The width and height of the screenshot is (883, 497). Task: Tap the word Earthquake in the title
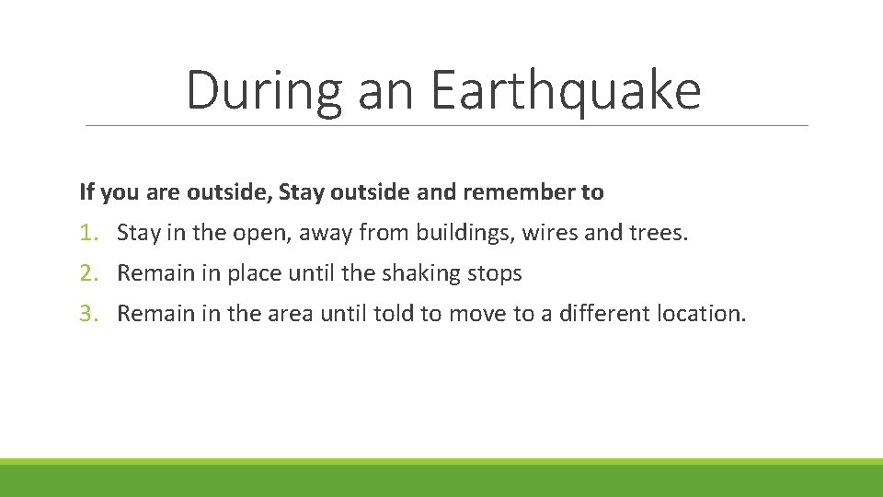pos(565,91)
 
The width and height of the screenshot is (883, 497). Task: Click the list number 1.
pos(87,233)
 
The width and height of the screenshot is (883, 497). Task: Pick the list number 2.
pos(87,273)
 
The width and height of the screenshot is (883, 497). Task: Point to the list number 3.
pos(87,314)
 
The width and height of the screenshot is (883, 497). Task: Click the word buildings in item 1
pos(464,233)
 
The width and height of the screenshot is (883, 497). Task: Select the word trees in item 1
pos(656,233)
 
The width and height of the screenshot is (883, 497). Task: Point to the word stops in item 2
pos(495,273)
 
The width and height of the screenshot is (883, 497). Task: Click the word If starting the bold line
pos(86,192)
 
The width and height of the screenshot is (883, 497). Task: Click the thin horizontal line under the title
pos(446,125)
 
